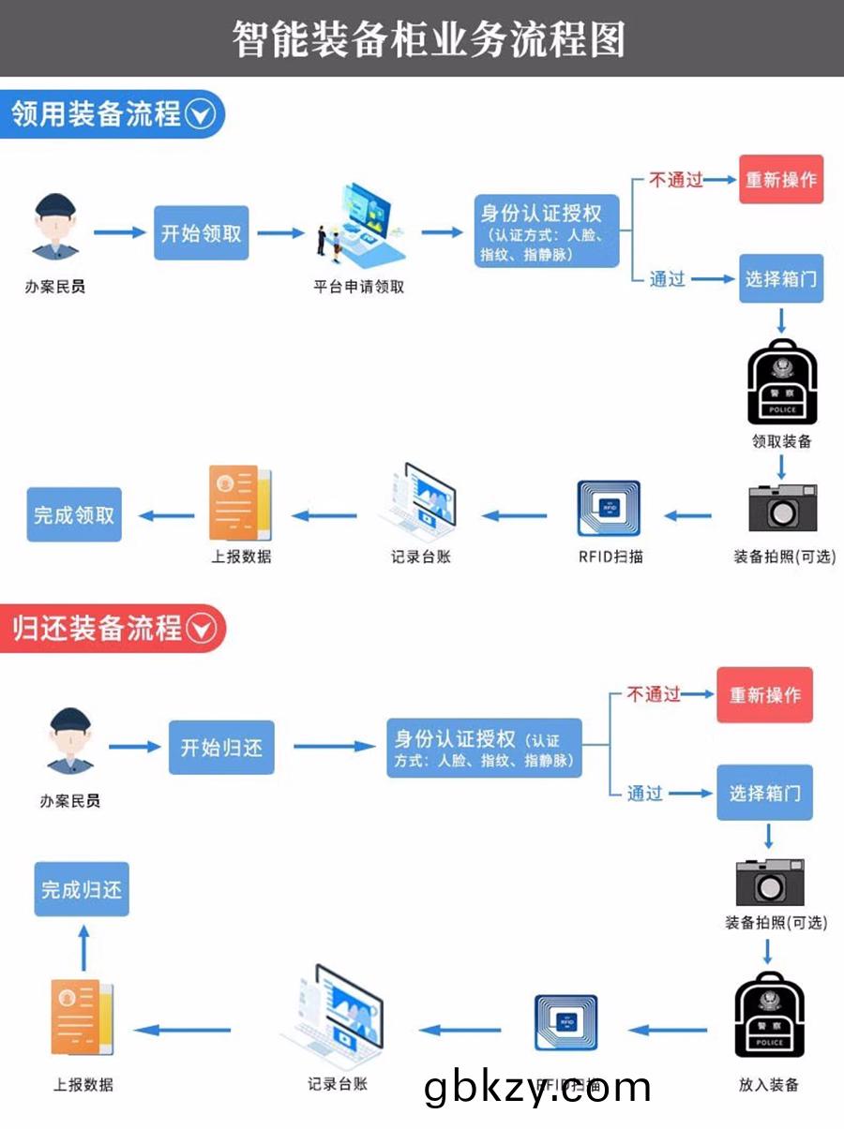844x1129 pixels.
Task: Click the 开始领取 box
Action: pyautogui.click(x=202, y=233)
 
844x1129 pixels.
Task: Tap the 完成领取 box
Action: pyautogui.click(x=74, y=514)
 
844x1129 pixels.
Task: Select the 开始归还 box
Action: pyautogui.click(x=221, y=748)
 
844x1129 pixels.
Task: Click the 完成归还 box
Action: pyautogui.click(x=82, y=889)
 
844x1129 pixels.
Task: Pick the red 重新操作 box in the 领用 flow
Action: pyautogui.click(x=781, y=180)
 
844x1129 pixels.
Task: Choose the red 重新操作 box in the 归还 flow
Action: pyautogui.click(x=765, y=695)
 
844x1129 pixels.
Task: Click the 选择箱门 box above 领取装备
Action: pyautogui.click(x=781, y=278)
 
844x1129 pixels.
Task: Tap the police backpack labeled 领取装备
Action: pyautogui.click(x=782, y=383)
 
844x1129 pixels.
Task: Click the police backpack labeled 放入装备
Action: pyautogui.click(x=769, y=1018)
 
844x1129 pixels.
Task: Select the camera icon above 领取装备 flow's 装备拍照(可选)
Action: pyautogui.click(x=782, y=510)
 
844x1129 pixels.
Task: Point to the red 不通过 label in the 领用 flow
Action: pyautogui.click(x=676, y=180)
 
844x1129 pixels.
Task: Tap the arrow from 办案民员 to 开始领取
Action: pyautogui.click(x=119, y=232)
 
